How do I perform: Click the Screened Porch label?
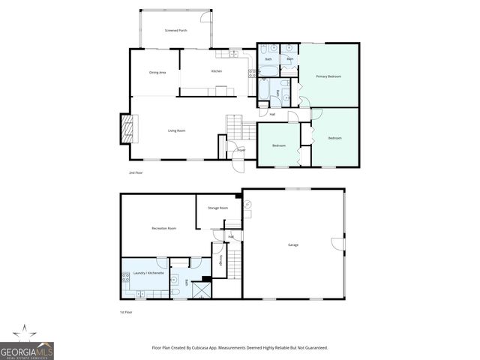176,30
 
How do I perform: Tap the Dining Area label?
157,72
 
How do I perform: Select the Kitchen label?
217,71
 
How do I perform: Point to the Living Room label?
176,130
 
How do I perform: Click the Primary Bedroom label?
328,76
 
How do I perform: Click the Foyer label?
241,150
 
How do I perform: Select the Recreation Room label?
163,228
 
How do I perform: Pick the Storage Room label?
218,208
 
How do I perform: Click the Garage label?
293,244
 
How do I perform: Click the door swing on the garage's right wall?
337,243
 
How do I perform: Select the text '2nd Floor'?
136,172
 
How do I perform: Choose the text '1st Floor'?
126,312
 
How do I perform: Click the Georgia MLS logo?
27,346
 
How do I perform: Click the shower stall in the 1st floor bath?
202,289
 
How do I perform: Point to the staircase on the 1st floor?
233,262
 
